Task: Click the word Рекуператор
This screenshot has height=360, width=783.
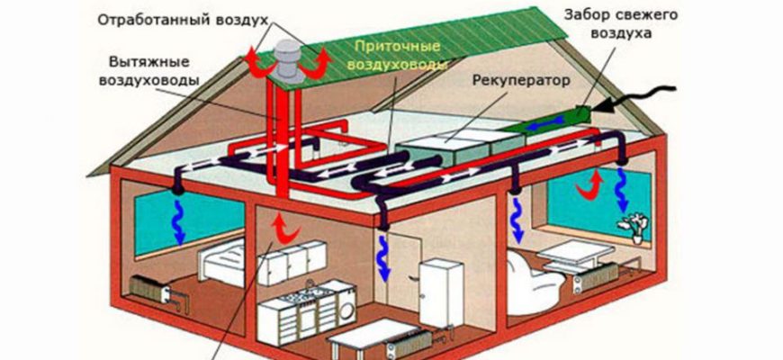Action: tap(521, 80)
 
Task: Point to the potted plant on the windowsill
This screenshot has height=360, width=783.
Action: tap(638, 225)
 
